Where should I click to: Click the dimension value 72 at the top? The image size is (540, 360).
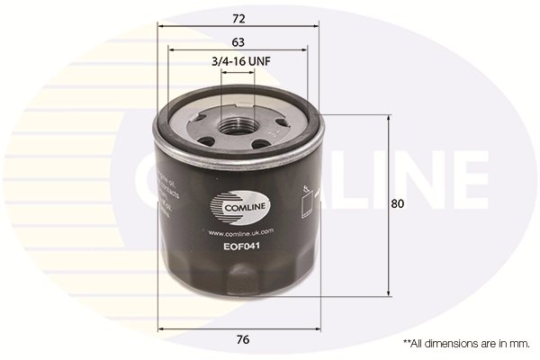point(238,17)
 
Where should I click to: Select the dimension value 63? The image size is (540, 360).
point(238,42)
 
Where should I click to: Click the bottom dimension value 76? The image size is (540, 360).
point(242,339)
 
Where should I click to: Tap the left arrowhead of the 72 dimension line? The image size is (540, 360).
point(163,26)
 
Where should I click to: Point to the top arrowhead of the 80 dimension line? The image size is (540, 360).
point(388,119)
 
